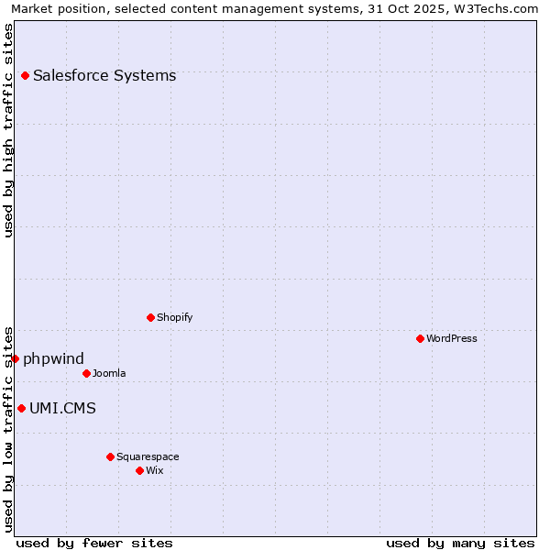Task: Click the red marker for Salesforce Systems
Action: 25,75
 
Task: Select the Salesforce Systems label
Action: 104,75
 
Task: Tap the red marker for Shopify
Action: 150,317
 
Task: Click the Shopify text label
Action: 174,317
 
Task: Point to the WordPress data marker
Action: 420,338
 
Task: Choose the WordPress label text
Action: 451,338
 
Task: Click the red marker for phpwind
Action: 16,358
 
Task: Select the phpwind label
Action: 53,358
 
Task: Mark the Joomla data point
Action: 86,373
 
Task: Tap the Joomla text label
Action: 109,373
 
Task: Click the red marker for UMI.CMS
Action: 21,408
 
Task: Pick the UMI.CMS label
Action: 62,408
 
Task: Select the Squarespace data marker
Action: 110,456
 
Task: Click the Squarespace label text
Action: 148,456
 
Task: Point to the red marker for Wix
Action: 139,470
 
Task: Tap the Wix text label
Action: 155,470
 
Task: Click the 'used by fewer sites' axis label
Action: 94,543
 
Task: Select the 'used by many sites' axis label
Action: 460,543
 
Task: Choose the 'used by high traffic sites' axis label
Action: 9,130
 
